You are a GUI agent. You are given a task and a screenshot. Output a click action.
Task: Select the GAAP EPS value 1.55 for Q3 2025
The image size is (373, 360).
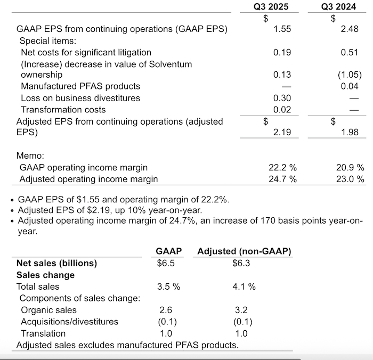click(x=282, y=29)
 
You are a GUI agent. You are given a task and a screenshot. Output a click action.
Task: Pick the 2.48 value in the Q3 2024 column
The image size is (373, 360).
click(x=350, y=29)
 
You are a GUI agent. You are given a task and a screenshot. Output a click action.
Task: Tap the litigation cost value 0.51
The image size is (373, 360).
click(x=350, y=52)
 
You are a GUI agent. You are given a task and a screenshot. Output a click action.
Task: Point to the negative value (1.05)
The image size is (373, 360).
click(x=348, y=75)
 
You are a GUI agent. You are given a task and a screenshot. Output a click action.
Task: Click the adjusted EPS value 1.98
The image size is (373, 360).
click(x=350, y=132)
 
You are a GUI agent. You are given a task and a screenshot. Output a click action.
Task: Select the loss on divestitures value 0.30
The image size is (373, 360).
click(x=282, y=98)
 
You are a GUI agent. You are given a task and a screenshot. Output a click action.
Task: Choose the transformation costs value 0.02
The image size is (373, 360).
click(x=282, y=110)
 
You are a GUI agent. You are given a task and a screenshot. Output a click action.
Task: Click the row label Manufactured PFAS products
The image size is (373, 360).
click(x=80, y=86)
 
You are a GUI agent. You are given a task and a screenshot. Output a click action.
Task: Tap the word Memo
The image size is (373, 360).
click(x=31, y=156)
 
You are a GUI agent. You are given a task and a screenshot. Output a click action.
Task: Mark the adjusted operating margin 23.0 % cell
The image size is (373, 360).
click(x=351, y=179)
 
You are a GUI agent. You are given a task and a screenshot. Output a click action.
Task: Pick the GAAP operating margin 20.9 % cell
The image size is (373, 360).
click(x=351, y=168)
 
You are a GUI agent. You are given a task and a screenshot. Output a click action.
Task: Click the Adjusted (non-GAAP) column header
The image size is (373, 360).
click(x=245, y=251)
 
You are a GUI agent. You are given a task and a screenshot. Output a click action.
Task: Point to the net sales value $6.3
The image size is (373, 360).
click(x=242, y=263)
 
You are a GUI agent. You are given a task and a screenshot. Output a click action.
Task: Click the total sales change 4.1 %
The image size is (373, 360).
click(x=244, y=287)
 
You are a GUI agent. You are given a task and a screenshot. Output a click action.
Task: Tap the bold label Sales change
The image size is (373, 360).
click(x=46, y=275)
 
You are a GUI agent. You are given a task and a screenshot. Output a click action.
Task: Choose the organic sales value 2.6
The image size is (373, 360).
click(x=166, y=310)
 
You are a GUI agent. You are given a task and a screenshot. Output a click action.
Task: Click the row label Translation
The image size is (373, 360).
click(x=43, y=333)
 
